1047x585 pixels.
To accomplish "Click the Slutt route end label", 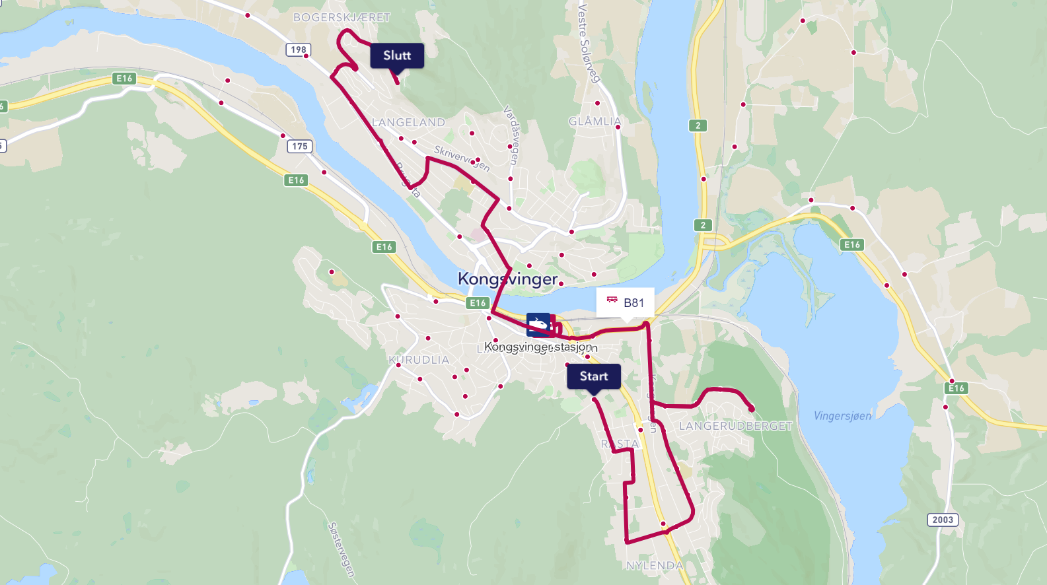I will coord(397,55).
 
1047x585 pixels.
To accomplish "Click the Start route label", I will coord(593,376).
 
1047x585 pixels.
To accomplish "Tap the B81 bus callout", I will coord(625,302).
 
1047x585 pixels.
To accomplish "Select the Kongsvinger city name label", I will coord(507,279).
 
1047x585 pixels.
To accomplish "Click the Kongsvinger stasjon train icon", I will coord(538,324).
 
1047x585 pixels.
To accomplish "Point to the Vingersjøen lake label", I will coord(842,415).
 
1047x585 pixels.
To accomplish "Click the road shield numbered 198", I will coord(299,50).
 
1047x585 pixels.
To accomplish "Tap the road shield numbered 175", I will coord(300,146).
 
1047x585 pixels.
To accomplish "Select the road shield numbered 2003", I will coord(943,520).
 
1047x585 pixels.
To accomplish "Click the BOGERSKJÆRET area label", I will coord(342,17).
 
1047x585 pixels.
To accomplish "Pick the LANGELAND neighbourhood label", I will coord(408,122).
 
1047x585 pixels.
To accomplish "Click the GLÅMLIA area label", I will coord(595,121).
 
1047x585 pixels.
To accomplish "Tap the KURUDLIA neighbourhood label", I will coord(419,360).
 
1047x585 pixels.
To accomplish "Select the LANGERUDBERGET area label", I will coord(735,426).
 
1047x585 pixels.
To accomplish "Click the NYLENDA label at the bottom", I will coord(655,565).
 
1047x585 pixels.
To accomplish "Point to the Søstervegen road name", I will coord(341,549).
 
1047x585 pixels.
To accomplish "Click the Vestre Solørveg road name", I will coord(589,43).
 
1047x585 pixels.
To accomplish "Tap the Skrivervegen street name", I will coord(462,158).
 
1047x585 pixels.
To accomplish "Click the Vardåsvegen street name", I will coord(511,135).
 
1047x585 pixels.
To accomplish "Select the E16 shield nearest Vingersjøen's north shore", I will coord(852,244).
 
